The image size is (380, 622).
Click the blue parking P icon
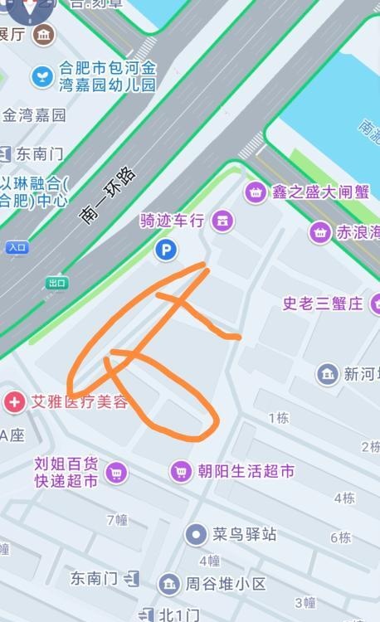point(166,249)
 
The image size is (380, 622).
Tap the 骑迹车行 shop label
point(172,221)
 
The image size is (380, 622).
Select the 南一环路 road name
point(109,196)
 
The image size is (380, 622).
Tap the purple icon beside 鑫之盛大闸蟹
point(256,192)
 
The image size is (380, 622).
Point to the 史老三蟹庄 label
point(323,304)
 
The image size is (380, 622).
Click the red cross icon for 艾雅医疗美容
point(14,403)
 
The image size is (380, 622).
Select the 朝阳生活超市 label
point(246,472)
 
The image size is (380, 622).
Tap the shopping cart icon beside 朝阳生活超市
point(181,472)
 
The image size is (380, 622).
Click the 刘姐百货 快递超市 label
point(66,472)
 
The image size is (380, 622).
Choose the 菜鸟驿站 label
point(244,533)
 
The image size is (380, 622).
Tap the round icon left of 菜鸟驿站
point(196,533)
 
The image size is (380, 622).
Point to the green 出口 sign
point(56,283)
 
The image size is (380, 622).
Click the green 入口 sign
point(17,247)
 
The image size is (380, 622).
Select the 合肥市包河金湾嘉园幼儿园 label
point(107,76)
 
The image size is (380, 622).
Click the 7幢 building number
point(117,520)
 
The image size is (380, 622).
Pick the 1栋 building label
point(278,418)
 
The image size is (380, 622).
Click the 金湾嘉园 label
point(34,115)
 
